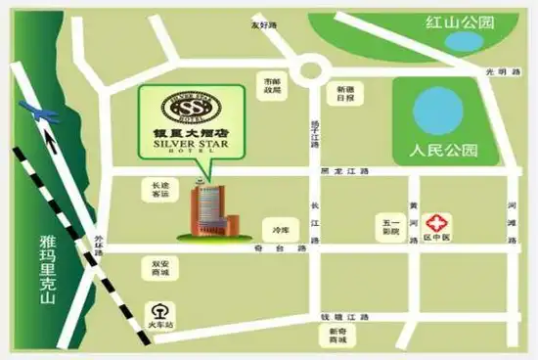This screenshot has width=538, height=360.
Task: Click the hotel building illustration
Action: (208, 211)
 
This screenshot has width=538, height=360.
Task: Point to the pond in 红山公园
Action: (457, 42)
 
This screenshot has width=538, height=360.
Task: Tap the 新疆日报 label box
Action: (345, 93)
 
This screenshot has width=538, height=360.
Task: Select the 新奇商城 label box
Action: (338, 335)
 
